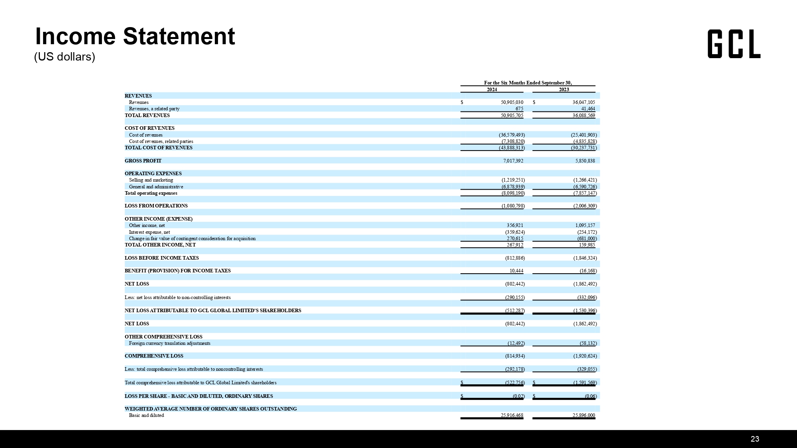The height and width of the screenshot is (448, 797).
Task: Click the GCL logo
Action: point(734,44)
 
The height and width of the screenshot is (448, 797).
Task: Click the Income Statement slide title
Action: point(135,36)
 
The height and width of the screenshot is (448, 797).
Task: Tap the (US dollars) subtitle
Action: point(65,57)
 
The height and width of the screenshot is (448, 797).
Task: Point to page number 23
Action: point(755,439)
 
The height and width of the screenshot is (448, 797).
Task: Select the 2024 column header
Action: point(492,90)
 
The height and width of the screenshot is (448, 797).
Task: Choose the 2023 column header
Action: point(564,90)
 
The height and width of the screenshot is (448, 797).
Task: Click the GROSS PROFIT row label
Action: point(143,161)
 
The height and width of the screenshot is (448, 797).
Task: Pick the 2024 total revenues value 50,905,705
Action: point(512,115)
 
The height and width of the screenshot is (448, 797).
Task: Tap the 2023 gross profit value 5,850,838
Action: point(585,161)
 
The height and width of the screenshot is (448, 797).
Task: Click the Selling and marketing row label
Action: point(151,180)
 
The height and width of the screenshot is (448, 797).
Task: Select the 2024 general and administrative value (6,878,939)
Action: point(513,187)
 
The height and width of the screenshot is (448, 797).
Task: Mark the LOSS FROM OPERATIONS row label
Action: point(156,206)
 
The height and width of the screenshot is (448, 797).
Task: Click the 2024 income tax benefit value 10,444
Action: point(516,271)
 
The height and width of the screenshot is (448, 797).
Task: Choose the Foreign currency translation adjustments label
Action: point(169,343)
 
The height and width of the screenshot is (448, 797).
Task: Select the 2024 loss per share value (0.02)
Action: point(518,396)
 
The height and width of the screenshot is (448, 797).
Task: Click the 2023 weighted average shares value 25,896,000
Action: point(584,415)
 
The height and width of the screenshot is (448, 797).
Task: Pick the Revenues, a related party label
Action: point(154,109)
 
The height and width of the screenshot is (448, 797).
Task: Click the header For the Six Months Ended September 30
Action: point(528,83)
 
